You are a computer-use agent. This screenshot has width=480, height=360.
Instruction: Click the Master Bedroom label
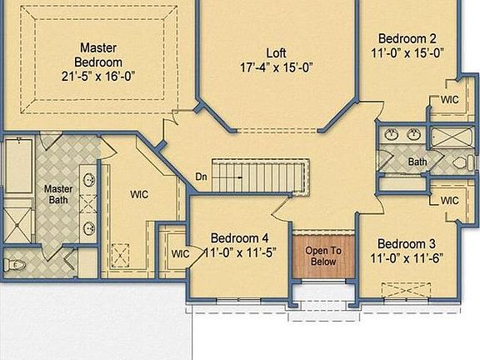(98, 54)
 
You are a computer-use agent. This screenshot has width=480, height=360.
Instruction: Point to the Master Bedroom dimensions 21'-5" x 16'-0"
(98, 75)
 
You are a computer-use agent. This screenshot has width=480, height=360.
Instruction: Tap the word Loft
(277, 53)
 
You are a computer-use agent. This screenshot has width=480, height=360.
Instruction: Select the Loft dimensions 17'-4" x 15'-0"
(277, 67)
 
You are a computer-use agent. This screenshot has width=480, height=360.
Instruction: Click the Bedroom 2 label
(407, 38)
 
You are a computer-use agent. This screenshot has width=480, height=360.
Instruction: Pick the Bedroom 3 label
(403, 243)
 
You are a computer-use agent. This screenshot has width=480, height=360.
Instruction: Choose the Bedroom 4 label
(239, 237)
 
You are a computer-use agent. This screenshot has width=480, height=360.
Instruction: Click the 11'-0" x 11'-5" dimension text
(239, 252)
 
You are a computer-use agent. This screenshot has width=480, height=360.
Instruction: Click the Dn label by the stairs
(202, 177)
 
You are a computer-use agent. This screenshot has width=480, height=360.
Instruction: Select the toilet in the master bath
(13, 265)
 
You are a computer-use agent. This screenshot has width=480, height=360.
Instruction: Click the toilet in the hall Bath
(462, 162)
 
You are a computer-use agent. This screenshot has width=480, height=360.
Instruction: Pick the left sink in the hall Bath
(392, 133)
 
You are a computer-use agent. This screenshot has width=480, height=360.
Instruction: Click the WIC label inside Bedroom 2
(450, 101)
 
